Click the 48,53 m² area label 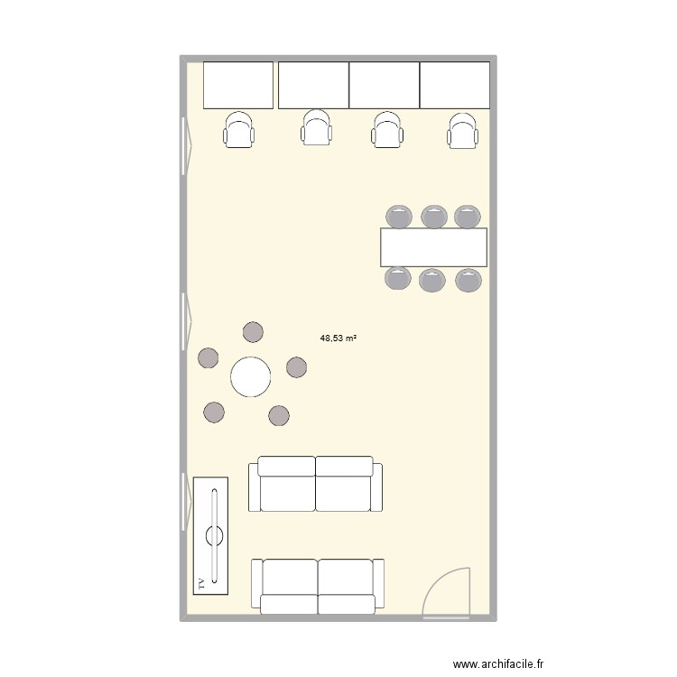pos(338,338)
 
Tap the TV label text pos(200,584)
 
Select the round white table pos(251,376)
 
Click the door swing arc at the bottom pos(451,587)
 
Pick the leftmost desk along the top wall pos(238,85)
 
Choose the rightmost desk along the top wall pos(455,85)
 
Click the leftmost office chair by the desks pos(239,129)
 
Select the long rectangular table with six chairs pos(433,247)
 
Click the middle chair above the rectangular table pos(434,217)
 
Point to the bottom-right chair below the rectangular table pos(468,280)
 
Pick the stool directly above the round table pos(254,331)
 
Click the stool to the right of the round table pos(297,367)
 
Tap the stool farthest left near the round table pos(209,357)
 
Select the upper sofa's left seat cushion pos(288,493)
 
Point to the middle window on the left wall pos(188,316)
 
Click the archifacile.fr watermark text pos(499,663)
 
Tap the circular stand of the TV pos(215,534)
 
